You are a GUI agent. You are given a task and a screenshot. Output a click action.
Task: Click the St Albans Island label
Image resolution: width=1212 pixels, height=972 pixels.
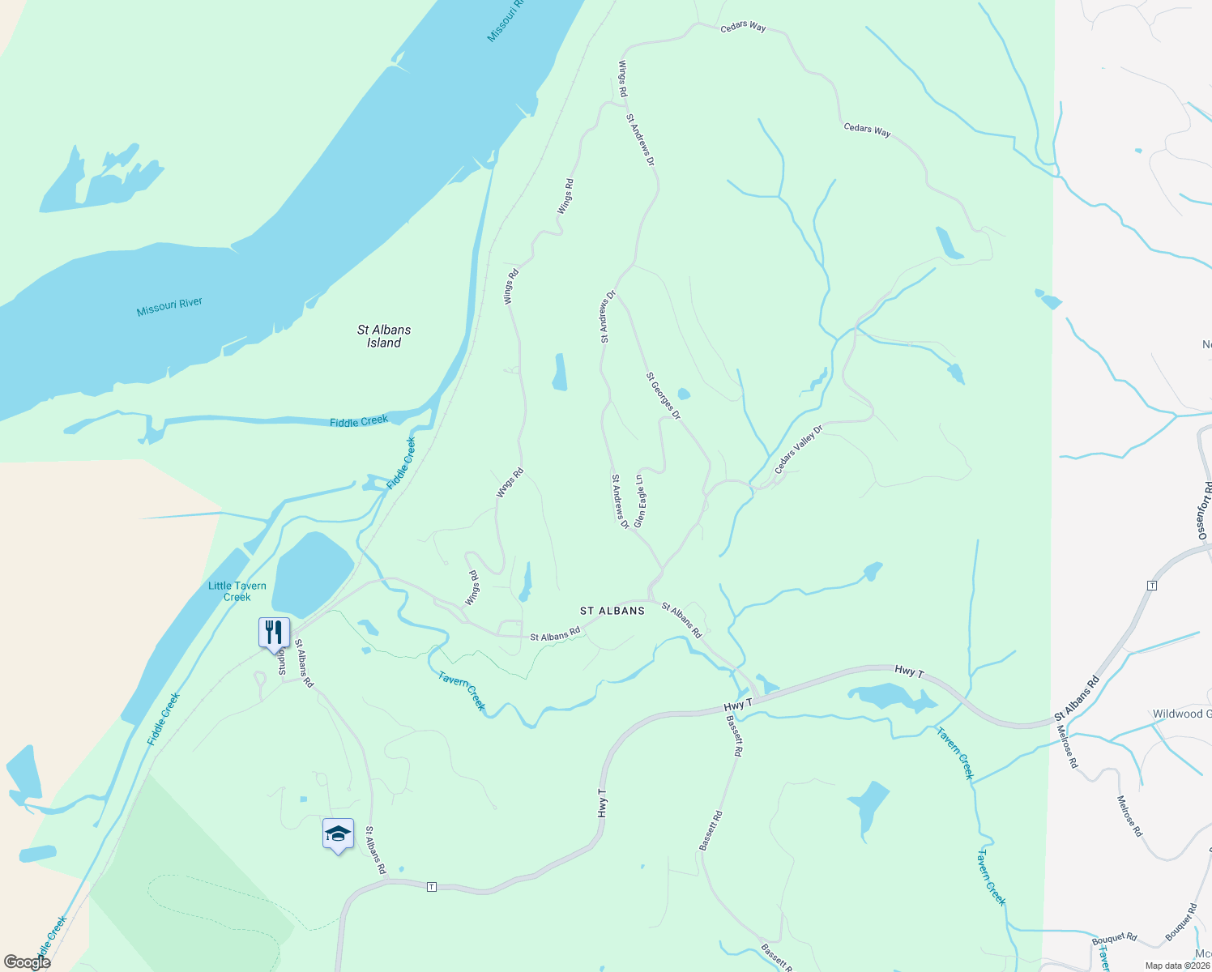(384, 336)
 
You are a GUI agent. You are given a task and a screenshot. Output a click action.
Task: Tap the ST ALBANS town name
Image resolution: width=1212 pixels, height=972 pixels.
(612, 611)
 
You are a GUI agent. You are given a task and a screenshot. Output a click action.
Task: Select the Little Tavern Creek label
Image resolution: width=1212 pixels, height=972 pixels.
(237, 591)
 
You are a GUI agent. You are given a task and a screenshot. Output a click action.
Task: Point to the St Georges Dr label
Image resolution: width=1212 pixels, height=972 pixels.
(664, 396)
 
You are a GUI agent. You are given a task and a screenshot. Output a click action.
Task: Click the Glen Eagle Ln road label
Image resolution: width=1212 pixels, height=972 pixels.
(640, 501)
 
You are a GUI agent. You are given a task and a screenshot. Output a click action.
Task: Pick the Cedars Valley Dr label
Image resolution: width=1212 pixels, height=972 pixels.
(798, 450)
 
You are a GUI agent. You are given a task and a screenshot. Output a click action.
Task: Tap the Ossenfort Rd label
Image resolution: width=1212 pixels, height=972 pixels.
(1204, 510)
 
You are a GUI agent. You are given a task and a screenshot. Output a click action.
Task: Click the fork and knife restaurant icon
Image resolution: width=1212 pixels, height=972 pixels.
(274, 631)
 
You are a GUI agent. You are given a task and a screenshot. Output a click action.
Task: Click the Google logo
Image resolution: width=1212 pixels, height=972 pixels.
(28, 962)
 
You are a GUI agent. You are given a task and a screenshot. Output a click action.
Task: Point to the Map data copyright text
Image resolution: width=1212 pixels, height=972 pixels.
(1177, 966)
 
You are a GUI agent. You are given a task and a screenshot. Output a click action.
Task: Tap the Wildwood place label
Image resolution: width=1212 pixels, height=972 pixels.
(1181, 714)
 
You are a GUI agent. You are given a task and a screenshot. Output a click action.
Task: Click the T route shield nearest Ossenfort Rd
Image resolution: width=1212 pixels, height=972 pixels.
(1152, 585)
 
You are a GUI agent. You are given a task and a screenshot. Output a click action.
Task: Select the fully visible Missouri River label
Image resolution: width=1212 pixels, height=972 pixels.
(169, 307)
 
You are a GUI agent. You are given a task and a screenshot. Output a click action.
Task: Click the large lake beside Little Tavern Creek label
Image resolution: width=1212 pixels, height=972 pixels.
(312, 573)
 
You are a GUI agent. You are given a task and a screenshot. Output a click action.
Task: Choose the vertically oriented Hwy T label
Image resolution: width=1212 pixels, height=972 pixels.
(602, 803)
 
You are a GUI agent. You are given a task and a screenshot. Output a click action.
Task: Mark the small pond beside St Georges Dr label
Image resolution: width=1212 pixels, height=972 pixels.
(683, 394)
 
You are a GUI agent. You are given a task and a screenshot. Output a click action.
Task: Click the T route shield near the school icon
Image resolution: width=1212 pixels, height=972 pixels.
(432, 887)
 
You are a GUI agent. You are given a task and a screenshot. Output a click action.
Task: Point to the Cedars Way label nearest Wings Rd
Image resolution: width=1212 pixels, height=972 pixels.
(743, 27)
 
